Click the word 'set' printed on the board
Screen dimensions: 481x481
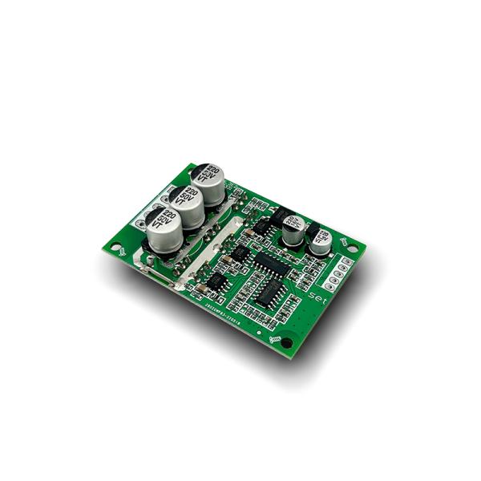click(x=317, y=296)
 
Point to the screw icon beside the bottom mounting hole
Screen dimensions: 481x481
click(x=277, y=342)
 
